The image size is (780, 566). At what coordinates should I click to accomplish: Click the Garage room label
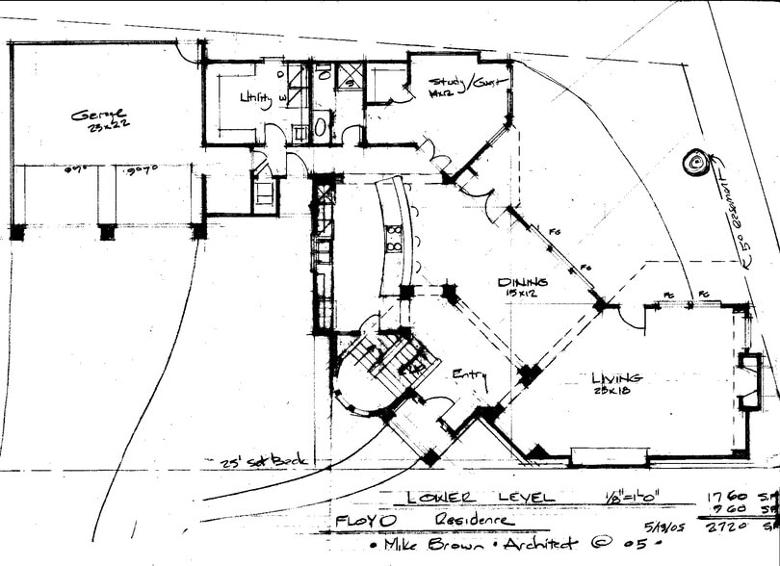pos(98,117)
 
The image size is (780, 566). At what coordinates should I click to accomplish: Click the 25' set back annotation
pos(261,461)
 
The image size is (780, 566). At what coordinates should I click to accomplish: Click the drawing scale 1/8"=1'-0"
pos(630,497)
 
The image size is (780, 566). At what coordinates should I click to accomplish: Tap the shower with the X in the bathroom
pos(349,75)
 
